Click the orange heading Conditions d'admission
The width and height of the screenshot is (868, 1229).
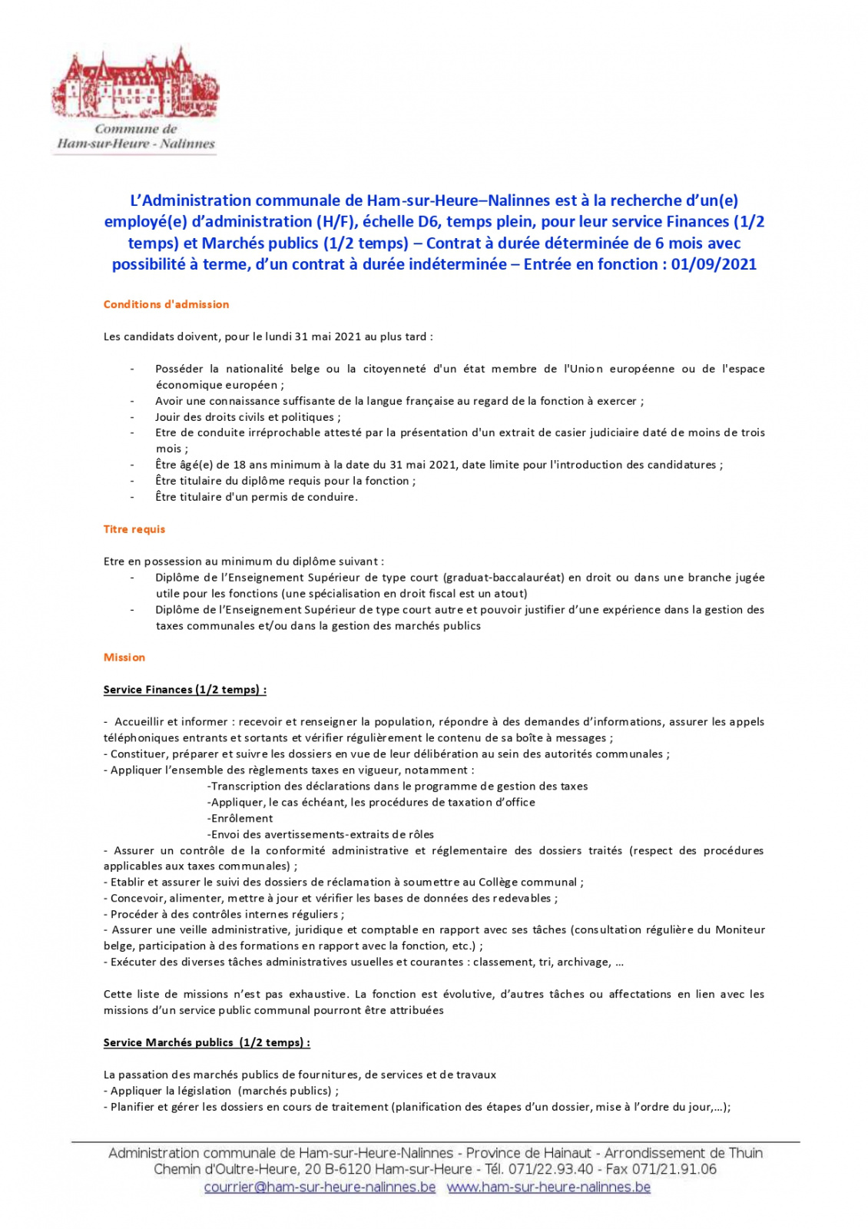[166, 304]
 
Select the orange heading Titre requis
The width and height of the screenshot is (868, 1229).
[134, 529]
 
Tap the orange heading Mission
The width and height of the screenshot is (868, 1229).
[124, 658]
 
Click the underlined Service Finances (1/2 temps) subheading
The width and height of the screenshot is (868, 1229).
[185, 690]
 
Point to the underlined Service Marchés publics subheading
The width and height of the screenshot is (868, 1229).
[207, 1042]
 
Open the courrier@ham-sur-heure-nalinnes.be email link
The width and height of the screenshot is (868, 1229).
[320, 1187]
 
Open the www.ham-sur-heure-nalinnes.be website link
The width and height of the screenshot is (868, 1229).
[548, 1187]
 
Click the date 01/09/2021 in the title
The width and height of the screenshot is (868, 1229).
[714, 264]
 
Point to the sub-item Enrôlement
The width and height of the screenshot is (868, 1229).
[240, 818]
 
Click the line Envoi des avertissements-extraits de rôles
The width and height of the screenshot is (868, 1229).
[320, 834]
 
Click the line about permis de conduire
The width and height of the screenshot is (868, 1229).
[256, 497]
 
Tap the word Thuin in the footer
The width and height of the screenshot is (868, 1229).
[744, 1153]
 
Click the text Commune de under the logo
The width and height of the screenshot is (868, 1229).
[136, 129]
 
